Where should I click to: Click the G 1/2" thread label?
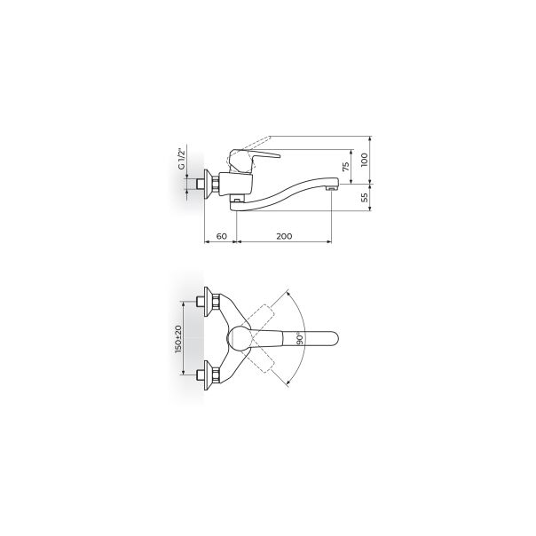pos(181,158)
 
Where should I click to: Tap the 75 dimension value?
pos(346,167)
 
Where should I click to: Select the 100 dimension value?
pos(365,160)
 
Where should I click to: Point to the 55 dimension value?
pos(365,197)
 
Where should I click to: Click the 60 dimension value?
pos(222,236)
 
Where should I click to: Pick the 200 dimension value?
pos(284,236)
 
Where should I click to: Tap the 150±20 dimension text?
pos(178,339)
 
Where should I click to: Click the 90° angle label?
pos(300,338)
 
